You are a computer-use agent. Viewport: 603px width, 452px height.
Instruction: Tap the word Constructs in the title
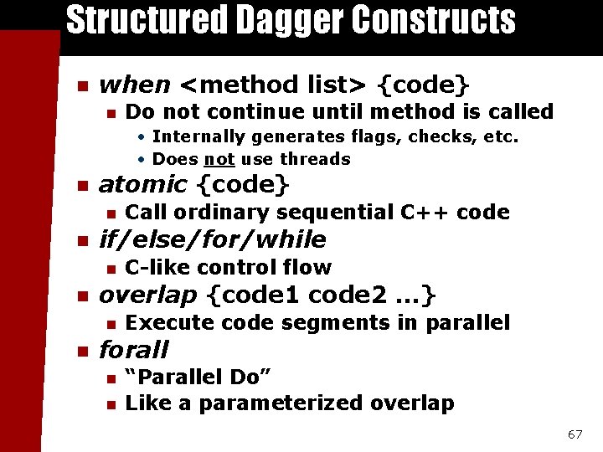pos(435,20)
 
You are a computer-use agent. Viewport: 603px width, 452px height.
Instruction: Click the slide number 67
pos(575,434)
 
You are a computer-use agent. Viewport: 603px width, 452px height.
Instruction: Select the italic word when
pos(135,85)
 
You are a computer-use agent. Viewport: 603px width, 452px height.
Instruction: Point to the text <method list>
pos(276,85)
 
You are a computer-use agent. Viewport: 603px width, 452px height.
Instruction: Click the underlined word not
pos(219,159)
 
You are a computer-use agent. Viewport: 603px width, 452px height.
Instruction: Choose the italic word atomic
pos(143,184)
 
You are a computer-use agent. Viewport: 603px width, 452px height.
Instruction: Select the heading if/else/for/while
pos(213,240)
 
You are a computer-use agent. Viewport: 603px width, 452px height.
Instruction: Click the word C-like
pos(157,268)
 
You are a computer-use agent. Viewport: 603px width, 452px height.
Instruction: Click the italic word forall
pos(134,350)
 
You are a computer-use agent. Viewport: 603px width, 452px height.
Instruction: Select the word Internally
pos(200,136)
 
